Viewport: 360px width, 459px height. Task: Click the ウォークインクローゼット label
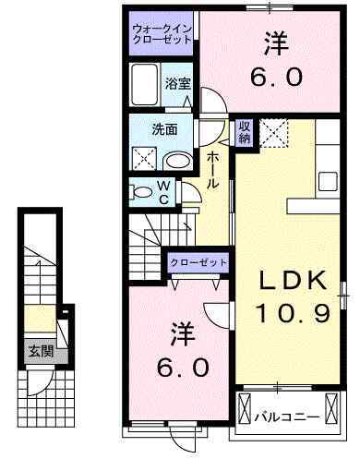coord(162,36)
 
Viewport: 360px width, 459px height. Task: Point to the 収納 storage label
coord(245,132)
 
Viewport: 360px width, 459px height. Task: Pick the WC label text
coord(162,191)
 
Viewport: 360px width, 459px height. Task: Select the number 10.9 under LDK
coord(292,315)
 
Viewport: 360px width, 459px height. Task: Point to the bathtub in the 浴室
coord(146,85)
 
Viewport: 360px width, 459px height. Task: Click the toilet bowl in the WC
coord(142,191)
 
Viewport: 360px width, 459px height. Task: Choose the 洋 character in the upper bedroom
coord(275,43)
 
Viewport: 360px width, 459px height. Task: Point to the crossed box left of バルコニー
coord(246,407)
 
